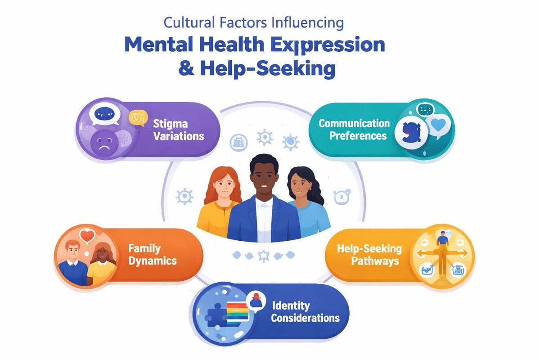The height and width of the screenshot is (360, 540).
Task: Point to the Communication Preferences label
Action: pyautogui.click(x=354, y=129)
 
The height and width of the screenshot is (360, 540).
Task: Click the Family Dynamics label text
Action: pyautogui.click(x=152, y=254)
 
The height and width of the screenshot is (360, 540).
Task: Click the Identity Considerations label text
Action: pyautogui.click(x=306, y=312)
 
